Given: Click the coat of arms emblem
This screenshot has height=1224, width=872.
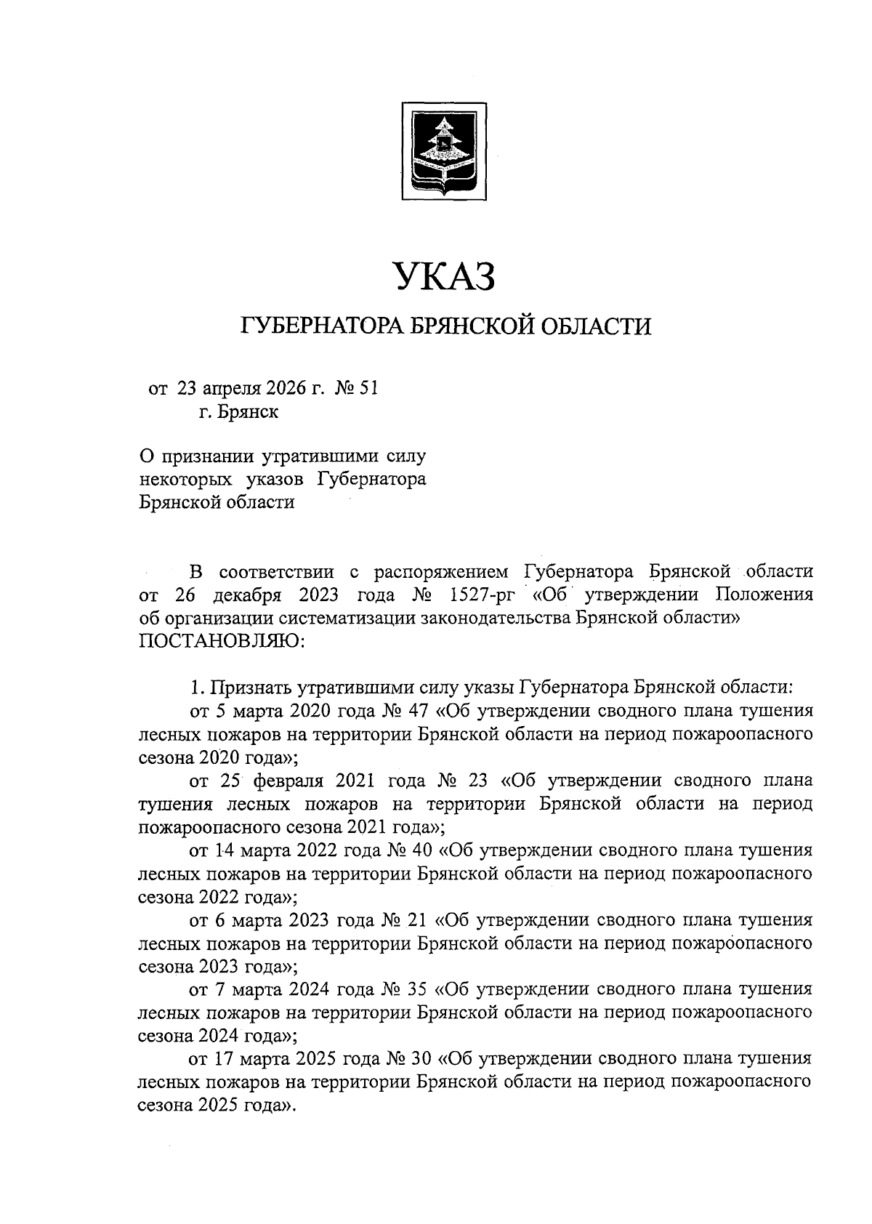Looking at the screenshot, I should pos(445,150).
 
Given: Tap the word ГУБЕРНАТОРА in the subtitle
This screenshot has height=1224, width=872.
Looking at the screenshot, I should pos(315,326).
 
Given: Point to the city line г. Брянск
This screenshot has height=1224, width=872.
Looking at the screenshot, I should pos(238,412).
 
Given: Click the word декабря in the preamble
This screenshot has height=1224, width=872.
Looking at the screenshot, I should pos(246,595).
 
